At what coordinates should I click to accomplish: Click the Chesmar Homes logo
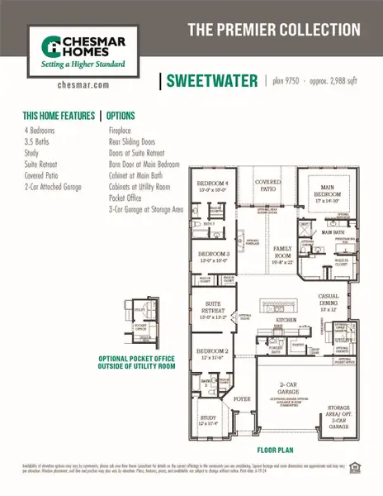(x=78, y=47)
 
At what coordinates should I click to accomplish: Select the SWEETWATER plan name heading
(x=210, y=81)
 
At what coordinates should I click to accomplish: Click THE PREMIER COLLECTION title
(x=273, y=30)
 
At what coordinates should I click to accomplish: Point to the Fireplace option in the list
(x=125, y=131)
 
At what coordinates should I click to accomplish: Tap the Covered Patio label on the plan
(x=267, y=184)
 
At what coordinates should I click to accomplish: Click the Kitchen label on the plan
(x=286, y=318)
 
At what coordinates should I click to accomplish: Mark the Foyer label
(x=241, y=398)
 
